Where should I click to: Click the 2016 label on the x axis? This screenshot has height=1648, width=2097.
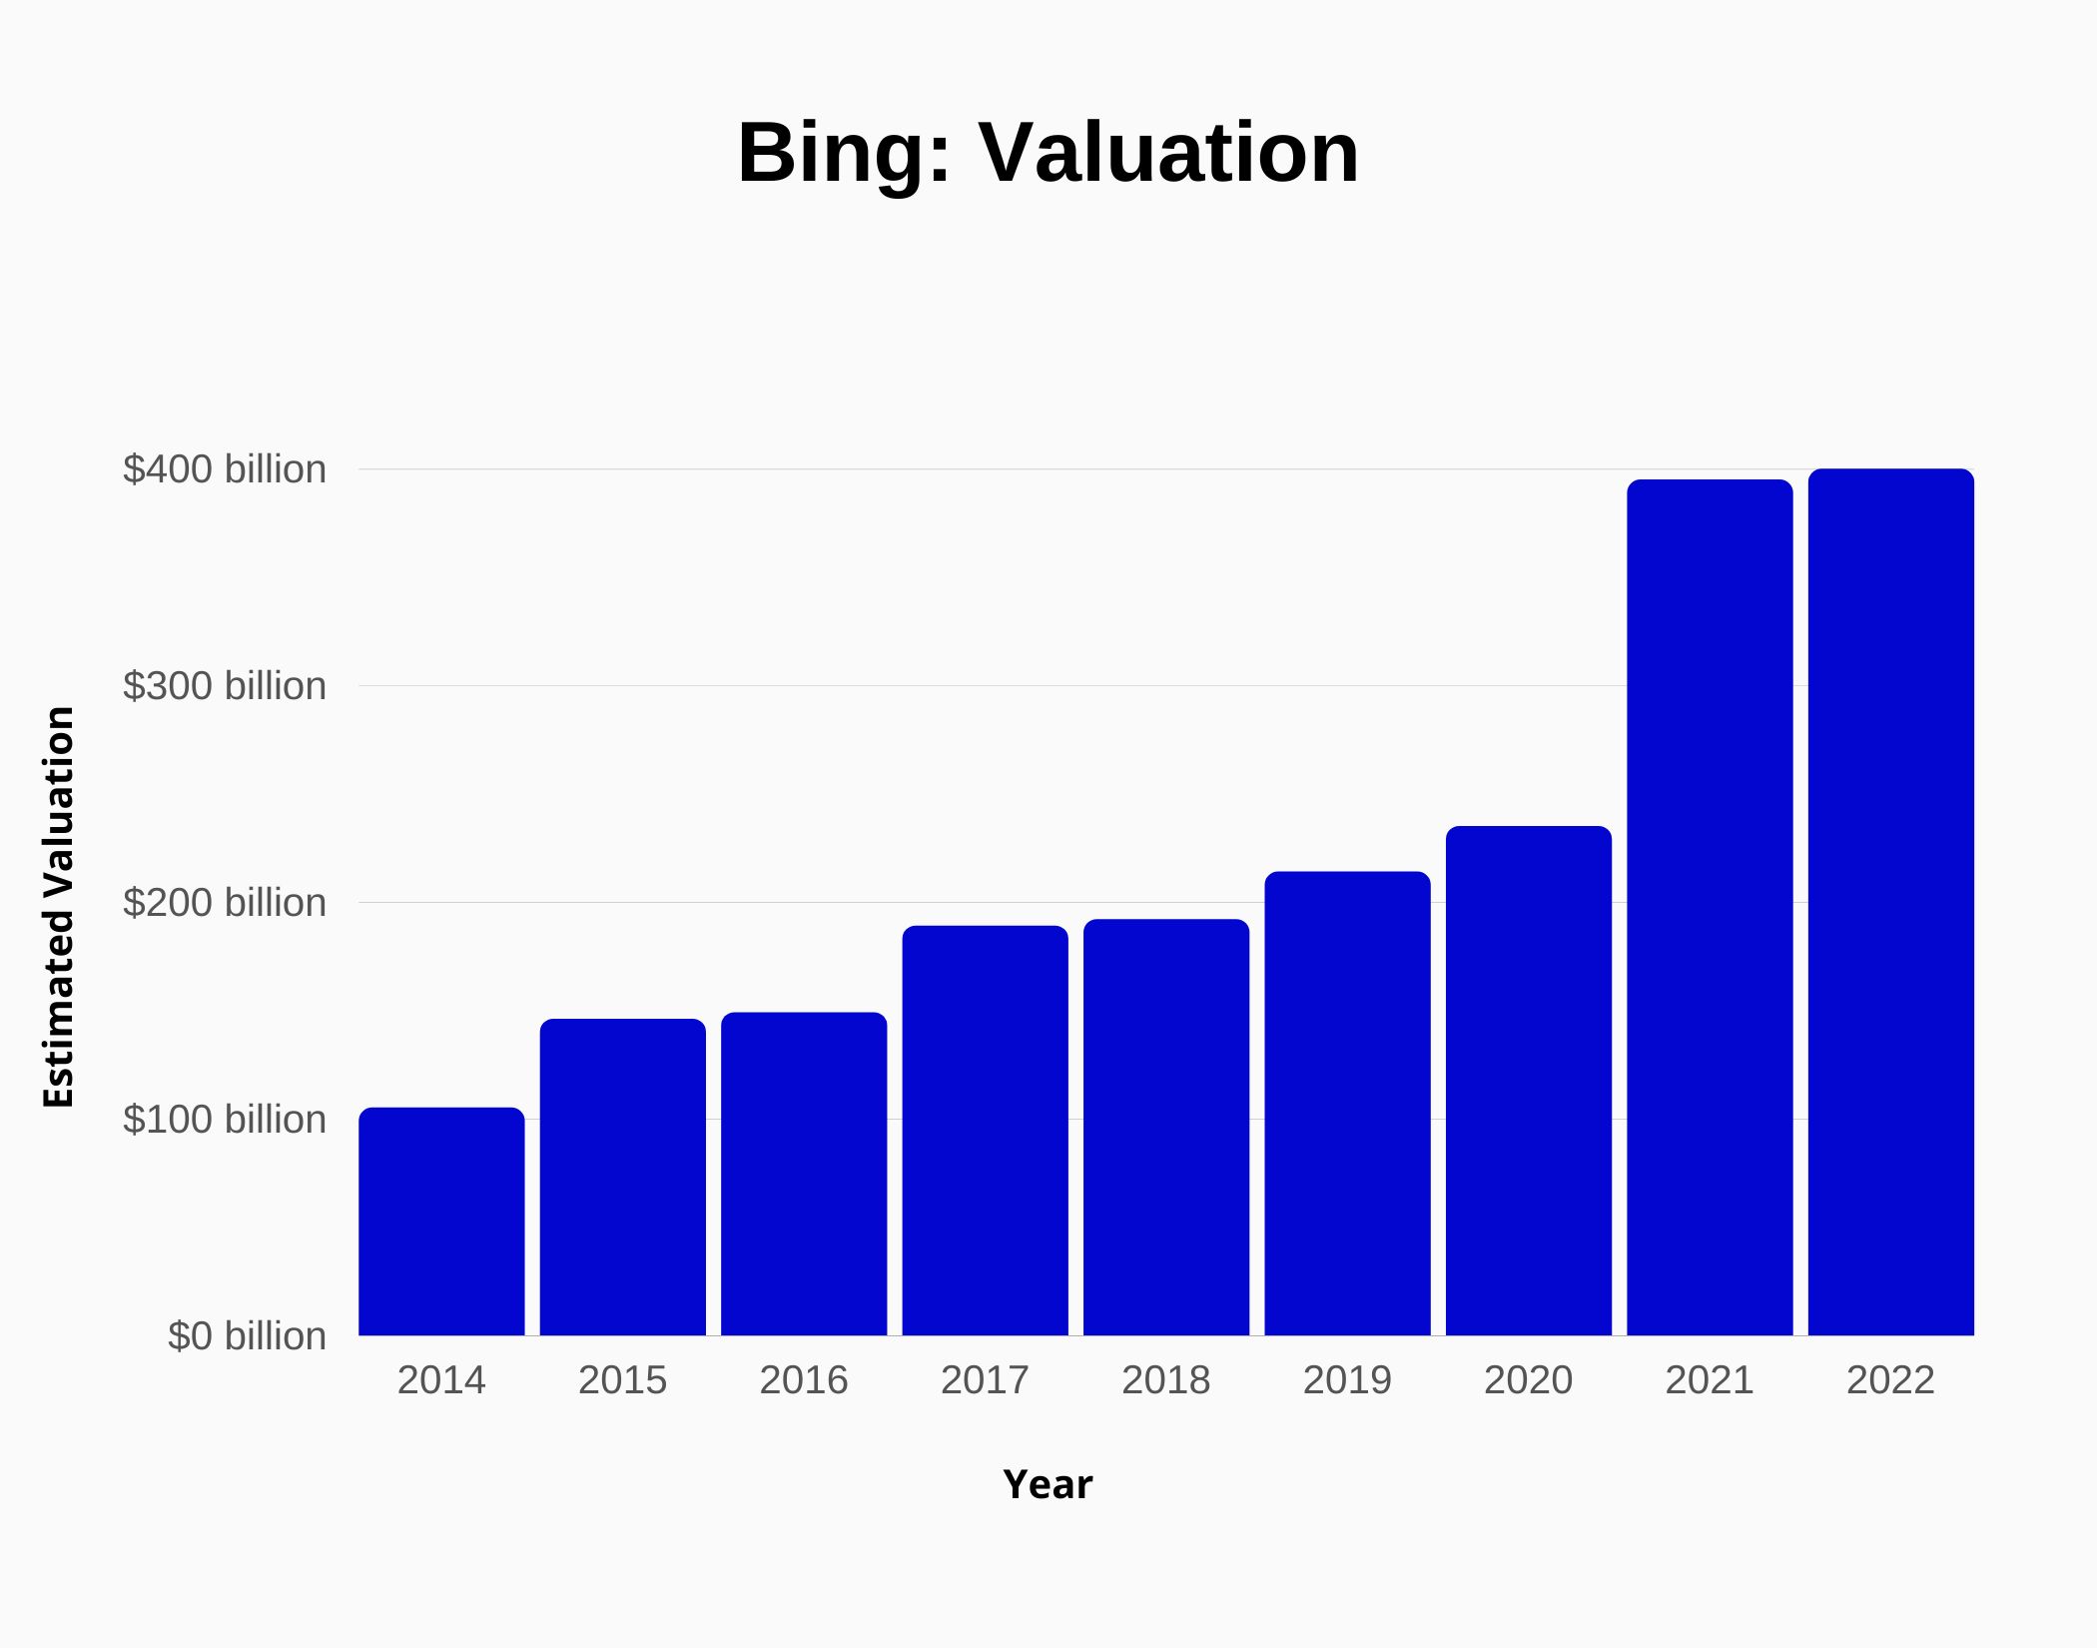[804, 1380]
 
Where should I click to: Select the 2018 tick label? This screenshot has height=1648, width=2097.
[1165, 1380]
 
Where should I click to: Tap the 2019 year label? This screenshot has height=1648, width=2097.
[1347, 1380]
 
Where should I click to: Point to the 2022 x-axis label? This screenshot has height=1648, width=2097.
[1890, 1380]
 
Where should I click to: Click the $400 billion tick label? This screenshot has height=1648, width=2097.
[225, 469]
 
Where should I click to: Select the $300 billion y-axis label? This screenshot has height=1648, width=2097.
[225, 686]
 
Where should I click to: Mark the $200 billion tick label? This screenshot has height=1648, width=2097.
[225, 903]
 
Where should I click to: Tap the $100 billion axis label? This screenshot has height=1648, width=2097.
[225, 1120]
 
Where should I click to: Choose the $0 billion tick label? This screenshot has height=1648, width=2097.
[247, 1336]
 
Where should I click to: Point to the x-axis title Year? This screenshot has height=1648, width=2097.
[1048, 1485]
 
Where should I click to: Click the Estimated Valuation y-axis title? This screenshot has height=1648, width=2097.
[59, 907]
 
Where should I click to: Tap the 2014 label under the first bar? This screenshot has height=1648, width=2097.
[441, 1380]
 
